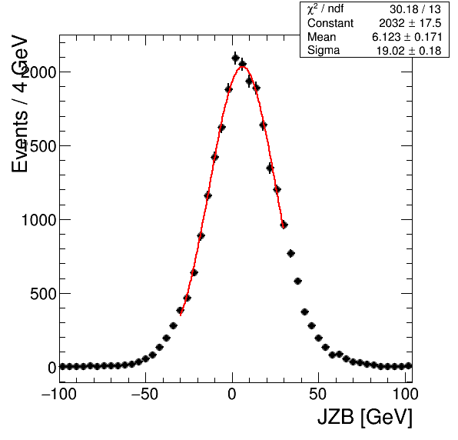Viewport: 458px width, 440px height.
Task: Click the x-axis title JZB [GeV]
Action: pyautogui.click(x=365, y=417)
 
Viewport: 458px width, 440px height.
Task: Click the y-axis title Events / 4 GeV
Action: pyautogui.click(x=20, y=104)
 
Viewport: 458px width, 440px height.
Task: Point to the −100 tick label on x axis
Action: pyautogui.click(x=59, y=395)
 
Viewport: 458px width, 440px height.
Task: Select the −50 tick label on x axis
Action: pyautogui.click(x=145, y=395)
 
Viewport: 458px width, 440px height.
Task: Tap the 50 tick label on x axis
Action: pyautogui.click(x=318, y=395)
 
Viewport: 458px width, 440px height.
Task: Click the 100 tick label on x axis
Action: pyautogui.click(x=406, y=395)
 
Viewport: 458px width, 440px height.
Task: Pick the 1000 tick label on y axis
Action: pyautogui.click(x=39, y=220)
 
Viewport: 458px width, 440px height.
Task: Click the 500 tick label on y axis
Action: pyautogui.click(x=43, y=294)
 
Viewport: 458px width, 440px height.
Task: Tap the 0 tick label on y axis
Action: pyautogui.click(x=52, y=368)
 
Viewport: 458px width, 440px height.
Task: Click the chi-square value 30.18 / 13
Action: pyautogui.click(x=415, y=9)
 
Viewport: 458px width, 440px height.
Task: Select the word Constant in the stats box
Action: pyautogui.click(x=330, y=23)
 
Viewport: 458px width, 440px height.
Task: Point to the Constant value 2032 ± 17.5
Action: pyautogui.click(x=410, y=23)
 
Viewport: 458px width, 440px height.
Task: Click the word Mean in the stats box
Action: pyautogui.click(x=321, y=37)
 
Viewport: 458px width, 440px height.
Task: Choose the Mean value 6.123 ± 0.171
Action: pyautogui.click(x=407, y=37)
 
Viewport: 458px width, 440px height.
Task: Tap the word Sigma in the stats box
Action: pyautogui.click(x=324, y=51)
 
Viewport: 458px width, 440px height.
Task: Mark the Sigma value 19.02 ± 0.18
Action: pyautogui.click(x=409, y=51)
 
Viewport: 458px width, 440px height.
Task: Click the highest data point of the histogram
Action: pyautogui.click(x=235, y=58)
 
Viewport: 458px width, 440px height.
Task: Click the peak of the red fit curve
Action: pyautogui.click(x=242, y=67)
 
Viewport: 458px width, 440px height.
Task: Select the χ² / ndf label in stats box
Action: pyautogui.click(x=325, y=9)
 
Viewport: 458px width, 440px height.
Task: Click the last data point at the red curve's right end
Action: pyautogui.click(x=284, y=225)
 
